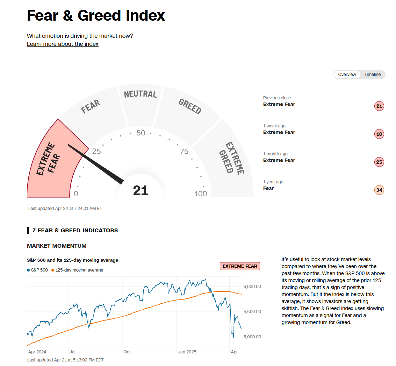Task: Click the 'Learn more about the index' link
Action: pos(63,44)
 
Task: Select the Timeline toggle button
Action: pos(372,74)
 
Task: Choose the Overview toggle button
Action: pos(347,74)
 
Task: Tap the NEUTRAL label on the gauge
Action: pos(141,94)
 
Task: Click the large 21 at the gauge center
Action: pos(141,191)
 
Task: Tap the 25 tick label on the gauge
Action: pos(96,152)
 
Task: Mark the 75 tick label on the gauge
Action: pos(184,152)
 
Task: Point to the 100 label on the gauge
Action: pos(201,194)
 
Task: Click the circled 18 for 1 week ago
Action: pos(379,134)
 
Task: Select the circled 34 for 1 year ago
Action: pos(379,190)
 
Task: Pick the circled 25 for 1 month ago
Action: pos(379,162)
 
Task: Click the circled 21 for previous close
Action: pos(379,106)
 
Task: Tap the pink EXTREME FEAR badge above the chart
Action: pos(240,266)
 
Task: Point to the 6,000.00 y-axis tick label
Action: pos(252,287)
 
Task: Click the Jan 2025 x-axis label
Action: pos(187,352)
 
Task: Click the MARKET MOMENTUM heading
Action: pos(57,246)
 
